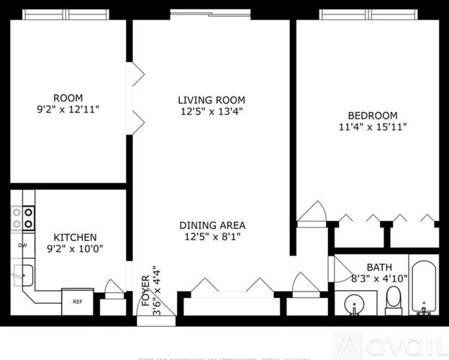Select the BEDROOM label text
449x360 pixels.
click(x=373, y=116)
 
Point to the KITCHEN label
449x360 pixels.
click(x=76, y=237)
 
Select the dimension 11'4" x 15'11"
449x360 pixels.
click(x=373, y=128)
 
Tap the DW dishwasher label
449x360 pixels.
click(x=22, y=246)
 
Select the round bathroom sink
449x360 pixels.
click(x=352, y=305)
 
